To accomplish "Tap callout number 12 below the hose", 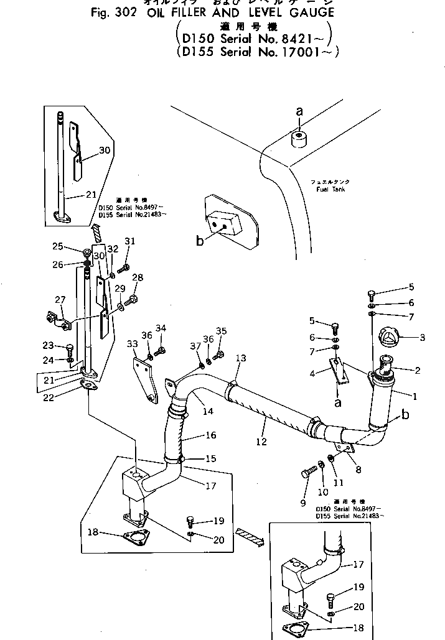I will pos(262,442).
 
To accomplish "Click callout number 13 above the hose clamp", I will pos(241,358).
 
